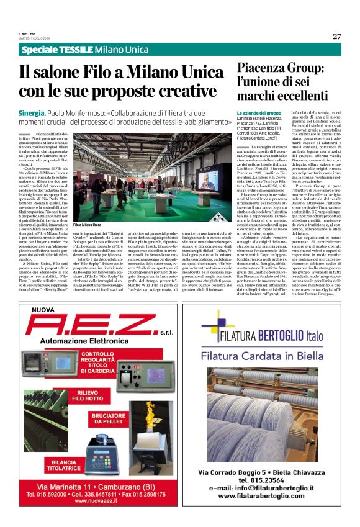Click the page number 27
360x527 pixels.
[x=336, y=36]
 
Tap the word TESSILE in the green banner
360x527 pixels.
[x=75, y=50]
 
